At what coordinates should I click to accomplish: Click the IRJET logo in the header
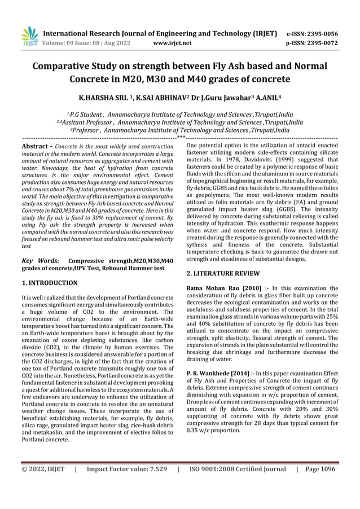(x=28, y=36)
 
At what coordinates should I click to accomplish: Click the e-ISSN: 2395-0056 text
(x=312, y=34)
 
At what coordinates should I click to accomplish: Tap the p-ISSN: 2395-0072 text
(x=312, y=42)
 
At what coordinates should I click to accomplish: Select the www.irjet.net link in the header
(x=172, y=42)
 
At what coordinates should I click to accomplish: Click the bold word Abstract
(x=33, y=146)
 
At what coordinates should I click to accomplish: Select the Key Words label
(x=39, y=261)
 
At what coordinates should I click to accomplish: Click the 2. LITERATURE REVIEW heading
(x=223, y=273)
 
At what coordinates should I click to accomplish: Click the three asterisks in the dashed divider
(x=180, y=137)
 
